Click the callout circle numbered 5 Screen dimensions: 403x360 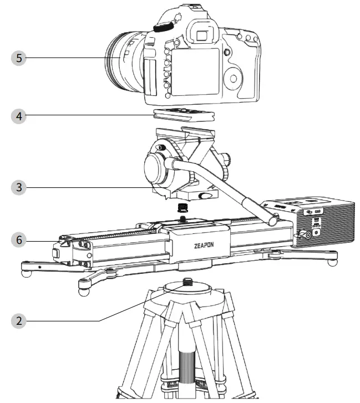click(x=19, y=58)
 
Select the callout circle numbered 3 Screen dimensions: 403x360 click(x=19, y=187)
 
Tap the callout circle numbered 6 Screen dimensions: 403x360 click(x=19, y=240)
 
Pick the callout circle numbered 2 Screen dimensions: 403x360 click(x=19, y=320)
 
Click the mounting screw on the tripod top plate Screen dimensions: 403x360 click(x=187, y=282)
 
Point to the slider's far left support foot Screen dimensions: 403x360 click(x=25, y=272)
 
